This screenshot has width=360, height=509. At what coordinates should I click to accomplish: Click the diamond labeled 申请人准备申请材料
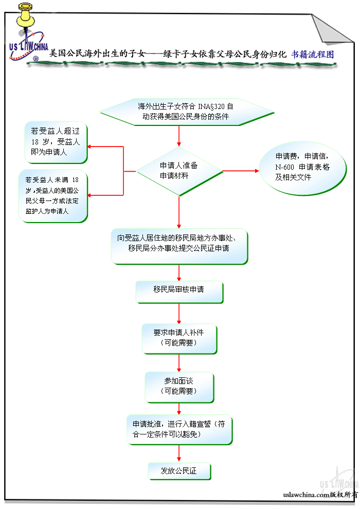(179, 171)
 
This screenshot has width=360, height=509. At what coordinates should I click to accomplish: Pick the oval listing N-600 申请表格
(302, 167)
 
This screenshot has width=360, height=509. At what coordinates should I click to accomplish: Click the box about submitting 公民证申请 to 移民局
(179, 243)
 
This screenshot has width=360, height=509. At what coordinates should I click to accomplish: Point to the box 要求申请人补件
(179, 337)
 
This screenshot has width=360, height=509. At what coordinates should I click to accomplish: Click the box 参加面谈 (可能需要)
(179, 386)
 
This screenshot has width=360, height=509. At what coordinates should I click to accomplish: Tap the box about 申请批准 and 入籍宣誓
(179, 429)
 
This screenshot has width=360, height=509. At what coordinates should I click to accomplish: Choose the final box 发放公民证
(179, 470)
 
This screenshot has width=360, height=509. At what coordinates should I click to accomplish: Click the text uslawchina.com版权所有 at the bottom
(320, 495)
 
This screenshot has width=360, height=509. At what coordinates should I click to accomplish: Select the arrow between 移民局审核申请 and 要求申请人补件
(179, 313)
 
